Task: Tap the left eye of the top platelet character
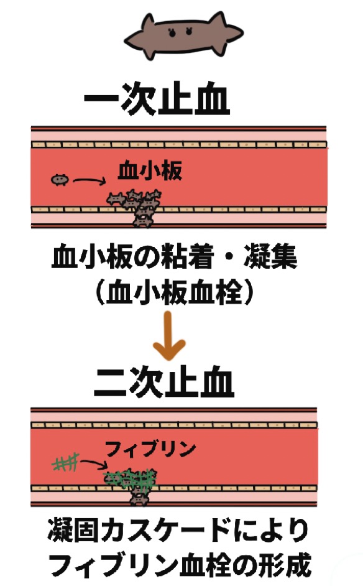172,32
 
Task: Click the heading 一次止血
157,98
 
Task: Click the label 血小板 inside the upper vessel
150,171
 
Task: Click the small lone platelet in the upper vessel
60,180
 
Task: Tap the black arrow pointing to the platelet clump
90,181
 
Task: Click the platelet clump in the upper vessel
136,207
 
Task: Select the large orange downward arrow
169,335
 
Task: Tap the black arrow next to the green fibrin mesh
94,464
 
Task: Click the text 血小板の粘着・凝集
175,257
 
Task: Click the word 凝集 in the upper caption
271,257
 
